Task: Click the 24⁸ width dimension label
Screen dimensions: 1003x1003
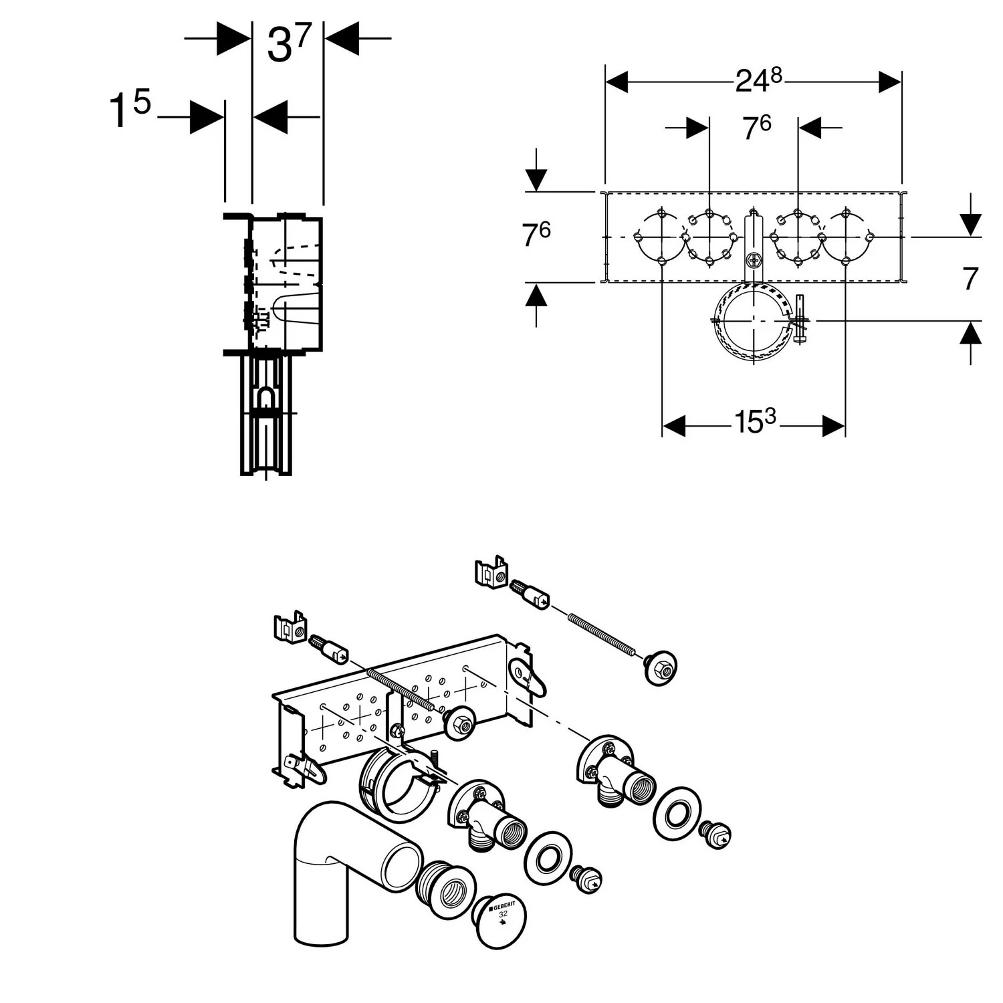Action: [x=758, y=80]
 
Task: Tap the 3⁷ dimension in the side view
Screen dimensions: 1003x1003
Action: [x=289, y=43]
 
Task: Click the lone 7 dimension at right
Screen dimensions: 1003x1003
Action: [x=970, y=279]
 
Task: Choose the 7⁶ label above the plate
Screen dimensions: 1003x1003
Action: [x=757, y=126]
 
